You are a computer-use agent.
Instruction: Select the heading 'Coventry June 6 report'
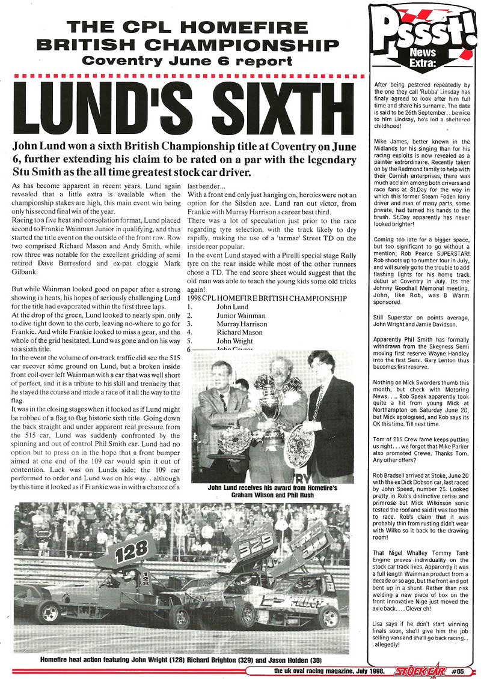188,61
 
